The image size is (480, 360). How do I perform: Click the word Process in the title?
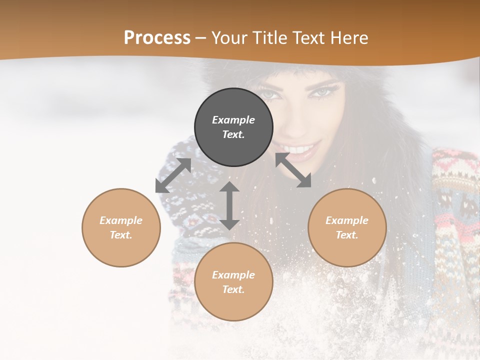point(157,38)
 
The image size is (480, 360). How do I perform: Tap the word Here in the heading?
point(348,38)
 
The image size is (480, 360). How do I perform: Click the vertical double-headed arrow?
point(229,205)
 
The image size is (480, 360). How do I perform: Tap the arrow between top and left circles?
point(173,175)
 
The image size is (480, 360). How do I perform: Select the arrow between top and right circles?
point(293,170)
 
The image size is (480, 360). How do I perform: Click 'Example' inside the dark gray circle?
point(233,120)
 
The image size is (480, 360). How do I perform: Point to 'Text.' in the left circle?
point(121,235)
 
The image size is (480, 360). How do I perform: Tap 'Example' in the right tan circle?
point(347,220)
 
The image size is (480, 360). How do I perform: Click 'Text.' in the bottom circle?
point(233,289)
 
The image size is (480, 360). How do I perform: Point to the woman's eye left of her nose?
point(270,93)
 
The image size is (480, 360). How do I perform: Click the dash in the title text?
point(201,38)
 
